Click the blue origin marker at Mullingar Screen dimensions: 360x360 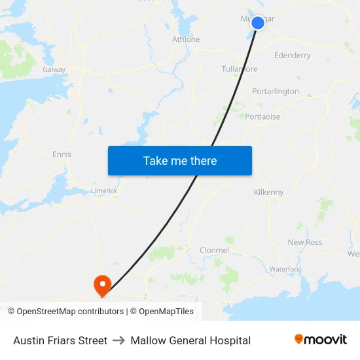tap(258, 23)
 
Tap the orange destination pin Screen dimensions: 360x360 tap(102, 285)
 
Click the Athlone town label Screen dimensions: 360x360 tap(186, 39)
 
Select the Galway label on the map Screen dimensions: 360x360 tap(54, 69)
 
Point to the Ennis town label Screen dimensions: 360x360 tap(62, 154)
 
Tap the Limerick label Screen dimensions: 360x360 tap(104, 190)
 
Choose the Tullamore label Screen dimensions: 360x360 tap(239, 69)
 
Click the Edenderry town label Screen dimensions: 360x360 tap(293, 56)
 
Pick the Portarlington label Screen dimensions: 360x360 tap(276, 92)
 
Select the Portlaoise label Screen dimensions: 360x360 tap(262, 117)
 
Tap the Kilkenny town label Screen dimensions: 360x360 tap(268, 192)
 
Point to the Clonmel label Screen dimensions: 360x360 tap(214, 250)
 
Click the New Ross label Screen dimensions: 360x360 tap(305, 242)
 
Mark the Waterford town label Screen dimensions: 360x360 tap(285, 269)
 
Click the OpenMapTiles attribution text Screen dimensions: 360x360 tap(166, 312)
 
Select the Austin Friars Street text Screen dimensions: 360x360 tap(60, 340)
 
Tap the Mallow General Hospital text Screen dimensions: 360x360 tap(190, 340)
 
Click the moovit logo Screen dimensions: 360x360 tap(321, 339)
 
